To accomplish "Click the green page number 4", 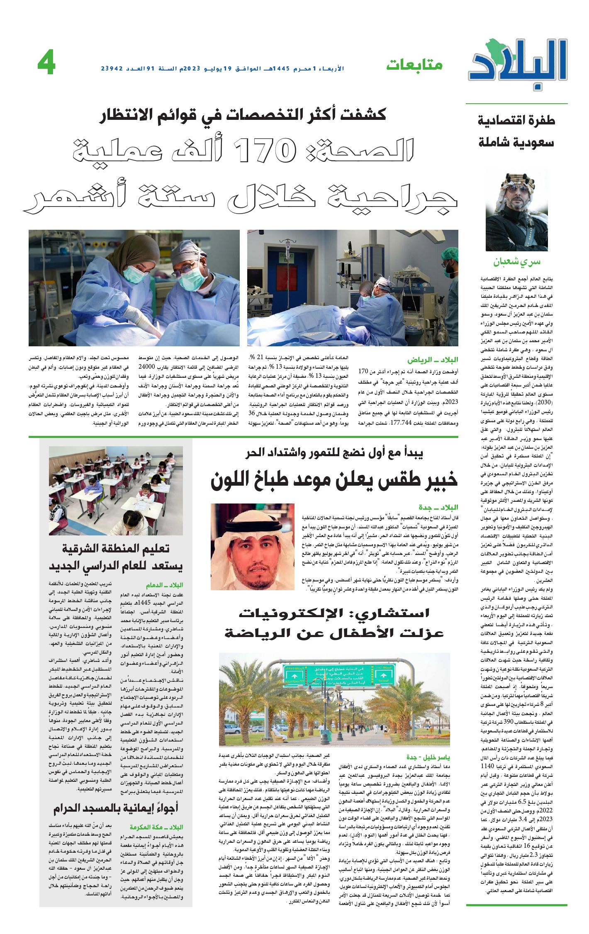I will pyautogui.click(x=46, y=64).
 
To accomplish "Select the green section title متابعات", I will pyautogui.click(x=414, y=65).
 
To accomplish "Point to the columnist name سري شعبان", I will pyautogui.click(x=516, y=262).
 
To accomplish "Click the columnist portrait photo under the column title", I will pyautogui.click(x=516, y=212).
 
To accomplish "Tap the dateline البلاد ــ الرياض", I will pyautogui.click(x=433, y=360).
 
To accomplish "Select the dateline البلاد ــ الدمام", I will pyautogui.click(x=164, y=585).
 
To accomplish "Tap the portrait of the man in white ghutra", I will pyautogui.click(x=252, y=546).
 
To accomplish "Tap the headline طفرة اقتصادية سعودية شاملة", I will pyautogui.click(x=516, y=131).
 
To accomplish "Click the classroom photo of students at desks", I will pyautogui.click(x=116, y=490).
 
